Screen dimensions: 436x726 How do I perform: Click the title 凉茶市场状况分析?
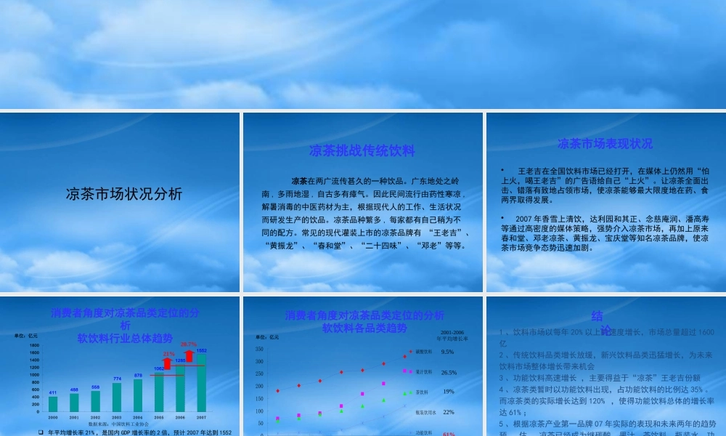pos(124,194)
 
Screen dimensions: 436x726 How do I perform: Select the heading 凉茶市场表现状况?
pos(605,143)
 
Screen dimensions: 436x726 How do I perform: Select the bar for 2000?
pos(53,403)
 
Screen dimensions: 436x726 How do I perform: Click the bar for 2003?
pos(117,397)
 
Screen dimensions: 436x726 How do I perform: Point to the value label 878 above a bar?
pos(138,375)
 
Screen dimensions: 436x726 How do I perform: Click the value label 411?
pos(53,392)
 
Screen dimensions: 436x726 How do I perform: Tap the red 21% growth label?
pos(168,353)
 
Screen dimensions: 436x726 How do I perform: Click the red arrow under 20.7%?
pos(189,355)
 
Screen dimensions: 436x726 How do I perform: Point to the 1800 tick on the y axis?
pos(35,344)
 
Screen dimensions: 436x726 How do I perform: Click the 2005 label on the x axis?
pos(159,417)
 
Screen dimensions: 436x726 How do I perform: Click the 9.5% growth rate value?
pos(448,352)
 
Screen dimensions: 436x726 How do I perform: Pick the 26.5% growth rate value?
pos(449,372)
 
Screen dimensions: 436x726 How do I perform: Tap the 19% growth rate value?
pos(448,392)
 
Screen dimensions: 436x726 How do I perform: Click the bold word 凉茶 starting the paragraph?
pos(298,180)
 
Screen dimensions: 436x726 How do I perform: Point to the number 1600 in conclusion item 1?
pos(705,332)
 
